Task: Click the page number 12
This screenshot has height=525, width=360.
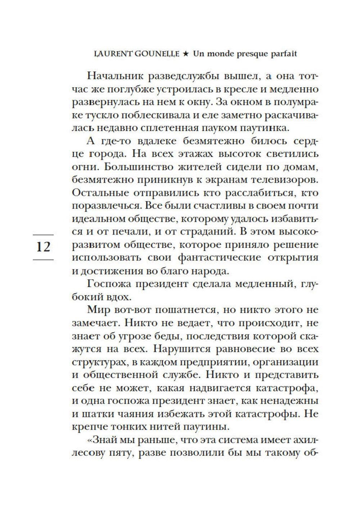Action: pos(43,247)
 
